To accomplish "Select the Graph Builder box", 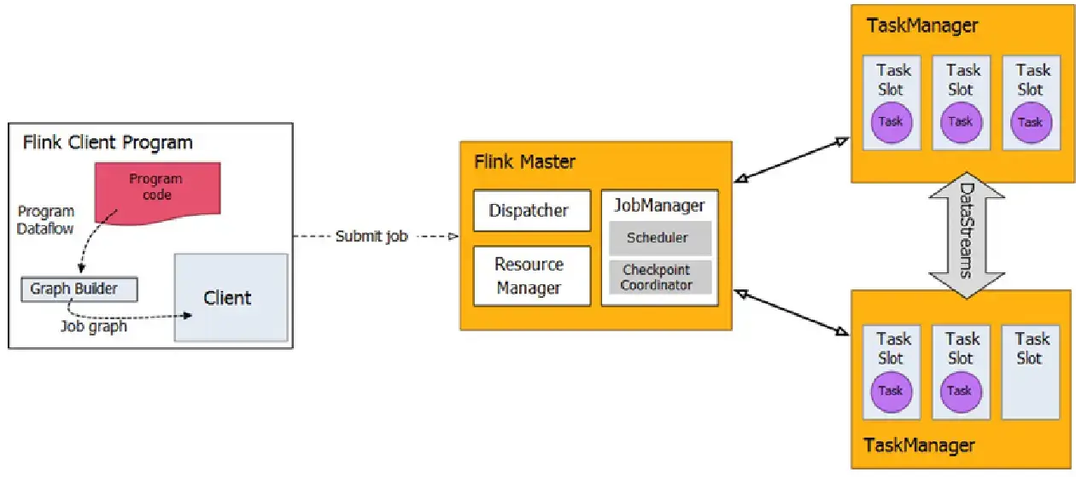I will pyautogui.click(x=79, y=289).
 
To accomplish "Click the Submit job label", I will pyautogui.click(x=371, y=236).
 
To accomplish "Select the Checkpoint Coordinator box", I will pyautogui.click(x=657, y=277).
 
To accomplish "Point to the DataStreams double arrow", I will pyautogui.click(x=963, y=231).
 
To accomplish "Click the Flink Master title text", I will pyautogui.click(x=524, y=161).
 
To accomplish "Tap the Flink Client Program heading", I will pyautogui.click(x=108, y=142).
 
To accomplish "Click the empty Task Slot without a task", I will pyautogui.click(x=1032, y=371).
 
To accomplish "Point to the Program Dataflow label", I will pyautogui.click(x=46, y=219).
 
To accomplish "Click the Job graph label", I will pyautogui.click(x=94, y=326).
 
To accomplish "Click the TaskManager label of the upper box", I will pyautogui.click(x=922, y=26).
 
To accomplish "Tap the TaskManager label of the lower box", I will pyautogui.click(x=919, y=445).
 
